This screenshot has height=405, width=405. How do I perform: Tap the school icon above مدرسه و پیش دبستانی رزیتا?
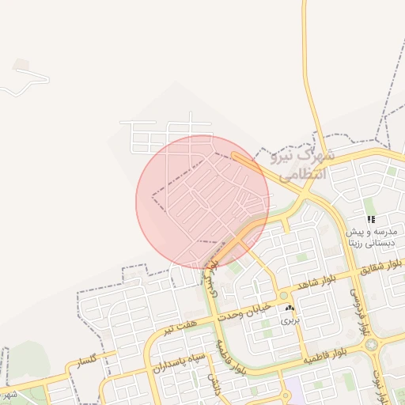click(370, 219)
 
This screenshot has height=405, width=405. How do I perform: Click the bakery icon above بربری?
click(290, 308)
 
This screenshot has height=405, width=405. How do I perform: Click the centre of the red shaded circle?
click(202, 202)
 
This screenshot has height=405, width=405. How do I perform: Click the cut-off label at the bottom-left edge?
click(8, 393)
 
